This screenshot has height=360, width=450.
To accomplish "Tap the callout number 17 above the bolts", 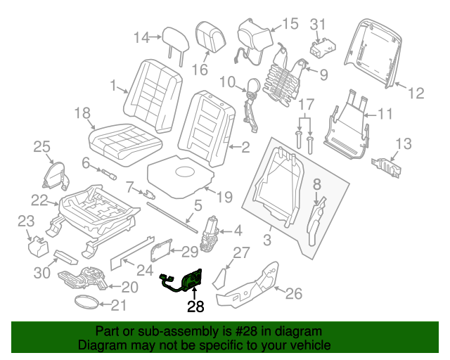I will pyautogui.click(x=304, y=106).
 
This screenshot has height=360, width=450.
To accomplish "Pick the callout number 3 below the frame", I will pyautogui.click(x=266, y=241).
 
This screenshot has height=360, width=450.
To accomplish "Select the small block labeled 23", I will pyautogui.click(x=35, y=246).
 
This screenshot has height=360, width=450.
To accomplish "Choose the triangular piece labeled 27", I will pyautogui.click(x=219, y=277).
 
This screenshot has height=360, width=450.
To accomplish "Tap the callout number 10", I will pyautogui.click(x=226, y=82).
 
